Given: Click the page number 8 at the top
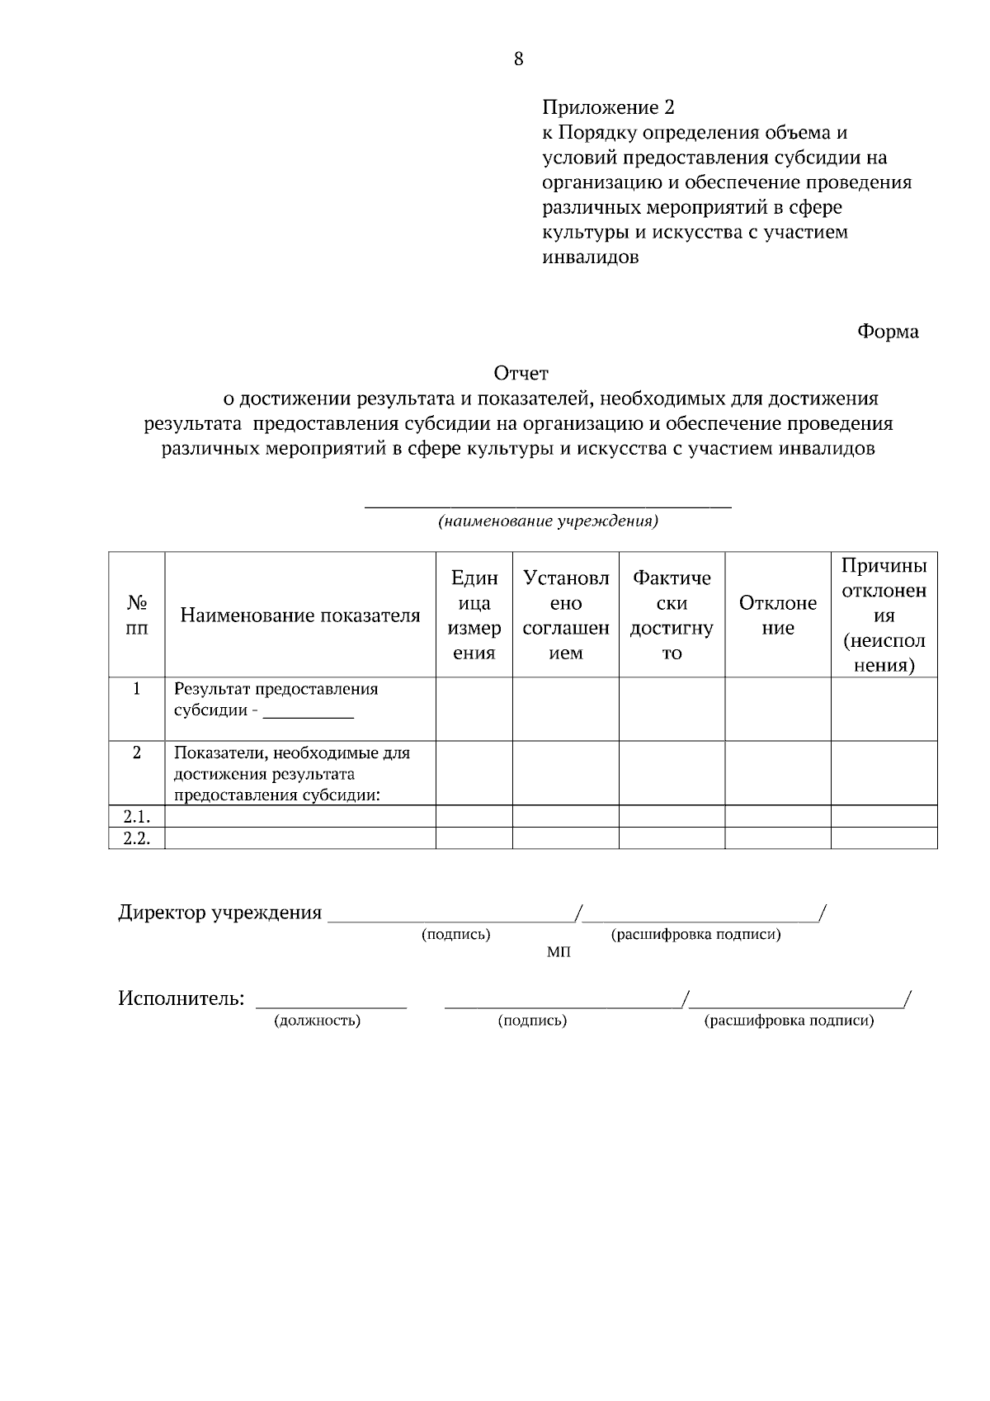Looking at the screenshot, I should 518,59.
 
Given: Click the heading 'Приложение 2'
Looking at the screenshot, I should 608,107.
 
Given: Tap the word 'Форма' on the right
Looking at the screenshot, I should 888,332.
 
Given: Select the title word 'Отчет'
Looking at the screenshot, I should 521,375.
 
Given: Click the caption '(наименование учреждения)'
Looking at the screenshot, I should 548,521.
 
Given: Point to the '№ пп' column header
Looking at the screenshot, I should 137,616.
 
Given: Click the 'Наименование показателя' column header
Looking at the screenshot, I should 300,616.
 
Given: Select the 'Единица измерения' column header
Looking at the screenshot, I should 474,616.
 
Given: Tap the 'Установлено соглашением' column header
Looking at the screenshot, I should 566,616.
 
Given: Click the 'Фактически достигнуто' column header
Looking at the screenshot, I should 672,616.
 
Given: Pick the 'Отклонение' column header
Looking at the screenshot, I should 778,616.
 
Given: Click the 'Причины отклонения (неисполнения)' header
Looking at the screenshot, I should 884,616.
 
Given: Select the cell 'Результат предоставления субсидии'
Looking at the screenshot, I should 276,700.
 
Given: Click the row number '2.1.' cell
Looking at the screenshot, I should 137,817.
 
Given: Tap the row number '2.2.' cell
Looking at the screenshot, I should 137,838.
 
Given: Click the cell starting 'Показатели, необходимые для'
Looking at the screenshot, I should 291,774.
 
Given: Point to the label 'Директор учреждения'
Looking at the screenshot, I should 219,913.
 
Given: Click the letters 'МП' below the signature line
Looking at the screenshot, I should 559,952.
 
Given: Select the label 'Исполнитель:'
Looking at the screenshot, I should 181,998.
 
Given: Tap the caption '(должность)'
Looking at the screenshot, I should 317,1021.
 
